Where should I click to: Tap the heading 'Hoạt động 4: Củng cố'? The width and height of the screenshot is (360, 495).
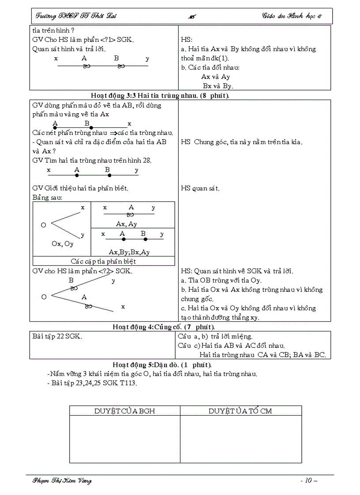164,327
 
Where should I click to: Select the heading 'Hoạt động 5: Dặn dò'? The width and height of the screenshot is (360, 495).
162,365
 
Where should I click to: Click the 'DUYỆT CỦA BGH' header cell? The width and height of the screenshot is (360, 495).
124,411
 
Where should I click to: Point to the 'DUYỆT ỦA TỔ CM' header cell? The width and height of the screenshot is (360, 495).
240,411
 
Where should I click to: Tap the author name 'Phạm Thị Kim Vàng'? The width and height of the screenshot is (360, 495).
62,480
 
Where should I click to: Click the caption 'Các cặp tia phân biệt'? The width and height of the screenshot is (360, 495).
104,261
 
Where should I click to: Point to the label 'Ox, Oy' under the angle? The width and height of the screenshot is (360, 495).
62,244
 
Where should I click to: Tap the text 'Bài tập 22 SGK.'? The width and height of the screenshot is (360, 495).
57,336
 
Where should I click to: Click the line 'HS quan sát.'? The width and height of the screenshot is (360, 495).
200,189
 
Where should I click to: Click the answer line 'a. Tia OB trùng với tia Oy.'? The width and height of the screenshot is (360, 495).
221,280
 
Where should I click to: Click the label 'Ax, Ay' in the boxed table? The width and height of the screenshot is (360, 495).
127,224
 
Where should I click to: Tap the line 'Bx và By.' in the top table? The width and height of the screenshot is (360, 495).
217,86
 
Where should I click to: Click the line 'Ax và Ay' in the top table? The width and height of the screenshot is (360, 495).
215,77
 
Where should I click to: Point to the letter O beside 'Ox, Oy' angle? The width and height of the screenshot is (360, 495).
44,225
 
